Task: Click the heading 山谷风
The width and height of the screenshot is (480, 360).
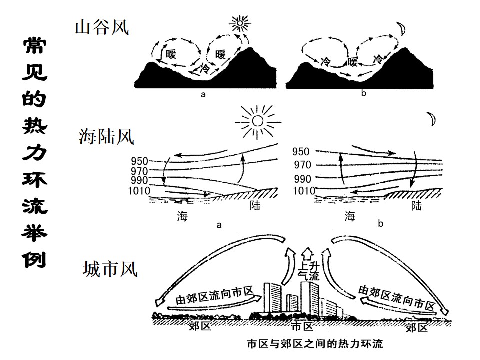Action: click(x=102, y=27)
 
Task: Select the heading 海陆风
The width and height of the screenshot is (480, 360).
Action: click(x=106, y=136)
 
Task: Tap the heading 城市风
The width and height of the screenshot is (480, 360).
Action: click(x=110, y=269)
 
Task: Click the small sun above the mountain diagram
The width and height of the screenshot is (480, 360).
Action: click(x=240, y=23)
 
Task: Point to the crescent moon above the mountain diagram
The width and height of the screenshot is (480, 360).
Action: click(x=401, y=28)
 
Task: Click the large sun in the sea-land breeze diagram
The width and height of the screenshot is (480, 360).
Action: click(x=258, y=122)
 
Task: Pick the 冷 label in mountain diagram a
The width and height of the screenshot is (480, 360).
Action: click(x=204, y=68)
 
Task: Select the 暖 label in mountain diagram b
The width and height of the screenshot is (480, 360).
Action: click(x=352, y=62)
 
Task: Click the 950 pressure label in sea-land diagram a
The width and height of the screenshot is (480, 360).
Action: click(x=139, y=161)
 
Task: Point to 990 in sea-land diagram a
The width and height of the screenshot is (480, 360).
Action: click(x=139, y=180)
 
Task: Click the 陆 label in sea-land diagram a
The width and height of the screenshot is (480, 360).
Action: click(x=255, y=205)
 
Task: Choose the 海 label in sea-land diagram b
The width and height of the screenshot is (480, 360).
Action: click(x=350, y=216)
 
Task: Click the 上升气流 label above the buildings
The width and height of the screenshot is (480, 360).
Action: click(x=309, y=271)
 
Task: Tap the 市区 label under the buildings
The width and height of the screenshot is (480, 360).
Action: click(x=302, y=326)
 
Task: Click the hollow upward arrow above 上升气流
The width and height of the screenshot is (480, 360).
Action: click(x=307, y=253)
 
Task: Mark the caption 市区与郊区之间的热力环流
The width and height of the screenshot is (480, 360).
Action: click(x=315, y=344)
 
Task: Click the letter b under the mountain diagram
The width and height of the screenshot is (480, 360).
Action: click(x=363, y=93)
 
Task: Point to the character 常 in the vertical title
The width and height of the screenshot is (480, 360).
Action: click(x=35, y=46)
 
